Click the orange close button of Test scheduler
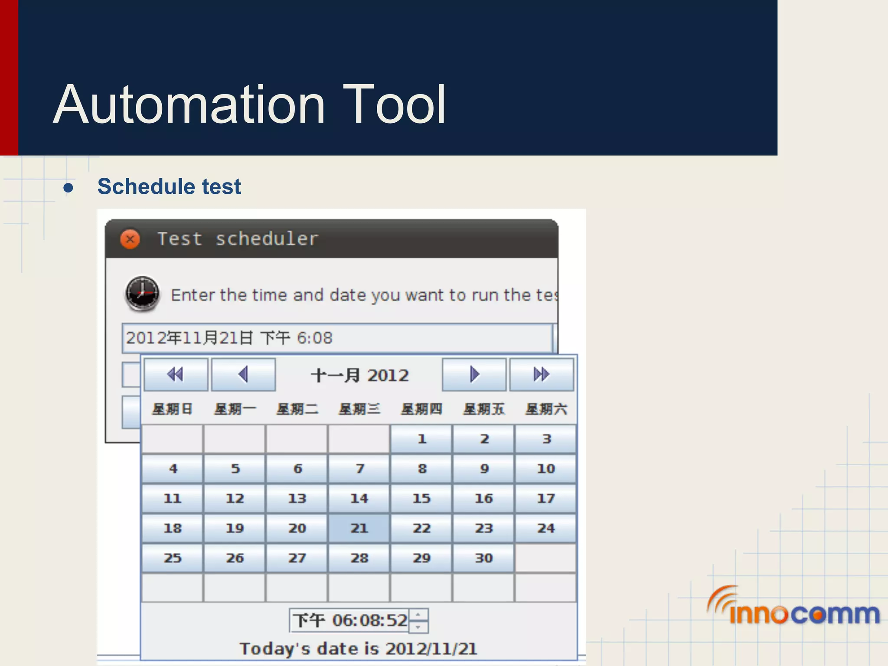click(130, 239)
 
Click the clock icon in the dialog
click(142, 294)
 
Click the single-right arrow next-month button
click(474, 374)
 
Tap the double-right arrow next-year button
click(541, 374)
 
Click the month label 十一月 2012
click(359, 375)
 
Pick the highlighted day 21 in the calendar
click(359, 528)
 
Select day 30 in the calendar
click(483, 558)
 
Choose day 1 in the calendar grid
click(421, 439)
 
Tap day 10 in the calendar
click(545, 468)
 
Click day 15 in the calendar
click(421, 498)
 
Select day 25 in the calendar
click(173, 558)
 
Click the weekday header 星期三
click(359, 409)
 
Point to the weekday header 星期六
click(545, 409)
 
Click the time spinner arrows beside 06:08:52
click(418, 620)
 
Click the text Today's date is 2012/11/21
click(359, 649)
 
